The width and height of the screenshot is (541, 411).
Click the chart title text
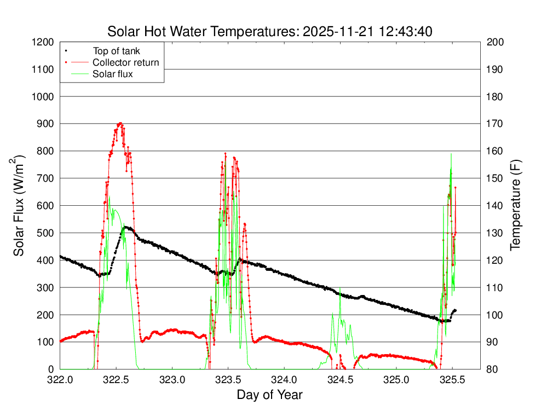[270, 31]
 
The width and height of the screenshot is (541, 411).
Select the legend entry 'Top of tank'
[116, 51]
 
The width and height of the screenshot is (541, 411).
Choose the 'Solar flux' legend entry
[113, 74]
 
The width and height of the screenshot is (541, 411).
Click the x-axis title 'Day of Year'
[269, 395]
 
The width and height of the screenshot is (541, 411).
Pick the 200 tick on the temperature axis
[494, 42]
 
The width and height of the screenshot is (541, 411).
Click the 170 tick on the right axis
[494, 124]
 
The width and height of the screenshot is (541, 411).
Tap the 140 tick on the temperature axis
[494, 206]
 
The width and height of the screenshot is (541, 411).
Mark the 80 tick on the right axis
[492, 369]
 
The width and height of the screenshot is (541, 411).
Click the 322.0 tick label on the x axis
[60, 379]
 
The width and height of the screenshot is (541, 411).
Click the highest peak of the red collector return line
[120, 123]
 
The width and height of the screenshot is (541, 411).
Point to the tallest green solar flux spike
[451, 154]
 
